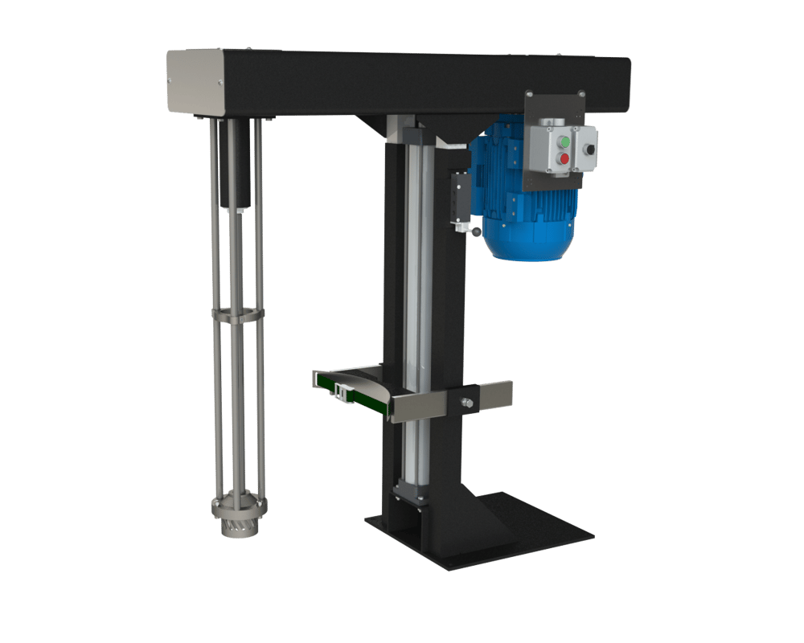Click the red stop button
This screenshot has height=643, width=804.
[564, 159]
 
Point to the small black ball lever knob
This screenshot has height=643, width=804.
[477, 234]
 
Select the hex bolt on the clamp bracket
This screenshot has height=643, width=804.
[466, 401]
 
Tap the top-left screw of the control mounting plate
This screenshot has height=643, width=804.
[533, 98]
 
